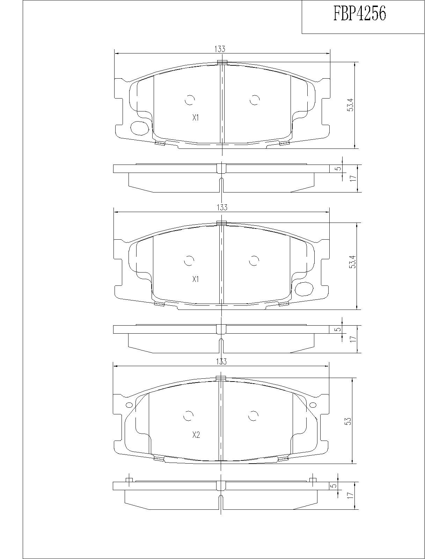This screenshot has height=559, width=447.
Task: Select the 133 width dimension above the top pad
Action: [x=219, y=49]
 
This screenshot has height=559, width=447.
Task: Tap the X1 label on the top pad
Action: [x=196, y=118]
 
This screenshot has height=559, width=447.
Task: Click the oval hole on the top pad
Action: [x=139, y=128]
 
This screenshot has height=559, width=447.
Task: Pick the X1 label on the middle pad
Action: [x=196, y=279]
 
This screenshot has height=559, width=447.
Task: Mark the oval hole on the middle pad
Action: [x=305, y=288]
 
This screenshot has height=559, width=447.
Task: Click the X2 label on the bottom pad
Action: [x=196, y=435]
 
